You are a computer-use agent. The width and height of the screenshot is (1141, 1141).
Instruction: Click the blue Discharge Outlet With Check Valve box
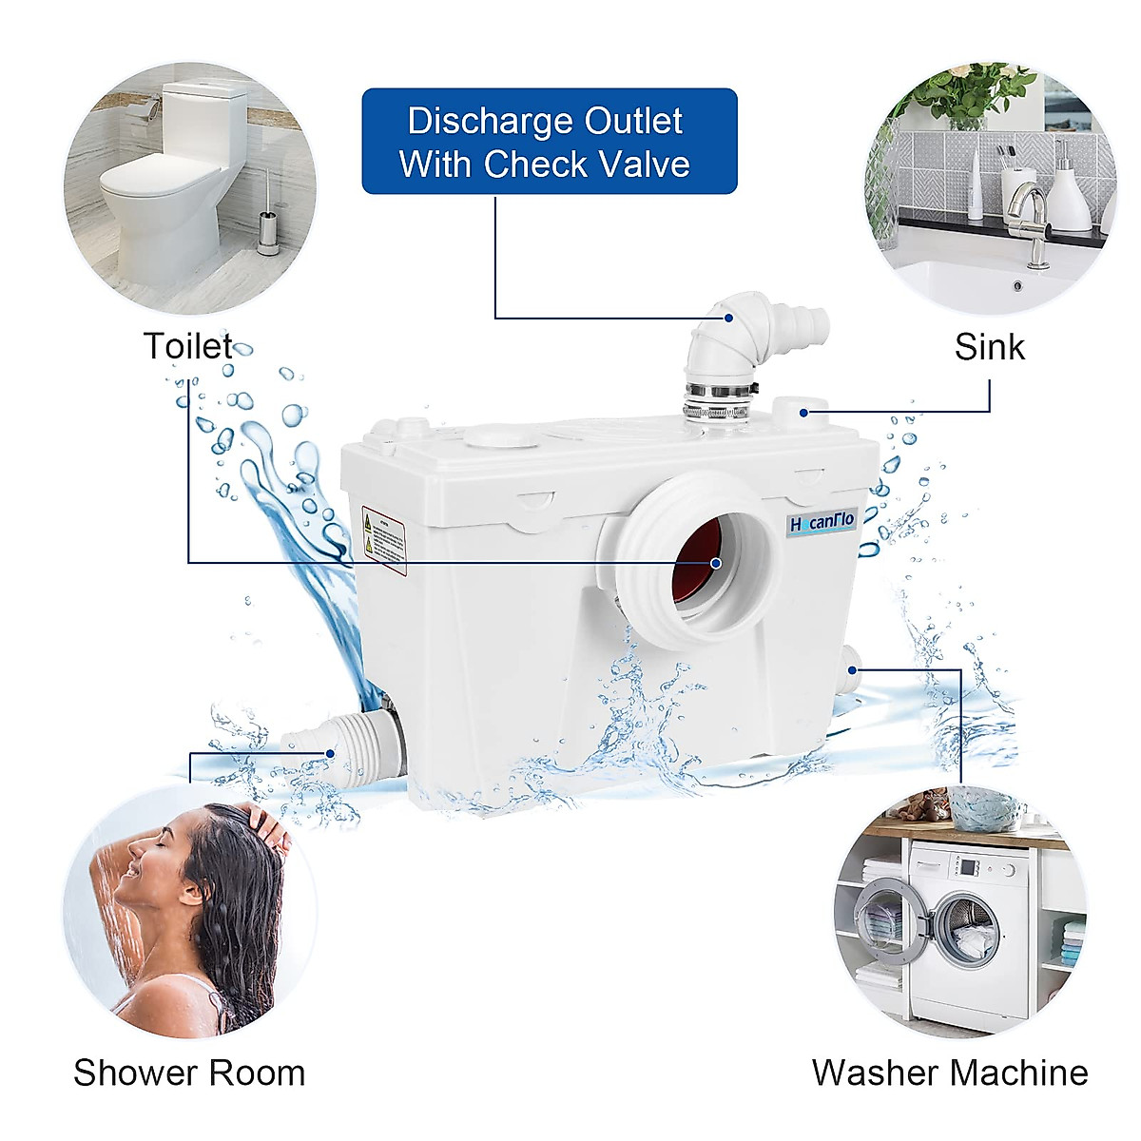[549, 142]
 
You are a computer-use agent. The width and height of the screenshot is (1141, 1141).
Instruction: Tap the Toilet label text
[187, 346]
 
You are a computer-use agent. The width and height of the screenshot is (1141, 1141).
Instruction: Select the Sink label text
[989, 347]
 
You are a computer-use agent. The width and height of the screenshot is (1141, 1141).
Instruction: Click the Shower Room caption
[189, 1073]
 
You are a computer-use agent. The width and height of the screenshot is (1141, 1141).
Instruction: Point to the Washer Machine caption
[949, 1073]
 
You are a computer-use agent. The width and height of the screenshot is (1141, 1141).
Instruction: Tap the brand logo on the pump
[822, 522]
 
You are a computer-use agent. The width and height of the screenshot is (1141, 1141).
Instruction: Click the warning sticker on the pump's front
[383, 539]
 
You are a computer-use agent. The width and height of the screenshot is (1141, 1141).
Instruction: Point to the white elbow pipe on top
[732, 338]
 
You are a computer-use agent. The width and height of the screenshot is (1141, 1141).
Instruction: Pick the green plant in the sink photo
[960, 95]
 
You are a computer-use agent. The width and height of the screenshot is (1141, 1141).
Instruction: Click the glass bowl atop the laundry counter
[984, 808]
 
